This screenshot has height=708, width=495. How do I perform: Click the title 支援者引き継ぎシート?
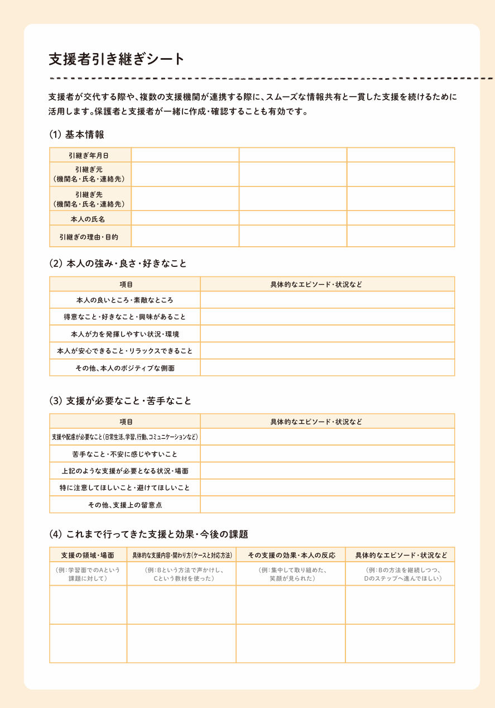(x=116, y=59)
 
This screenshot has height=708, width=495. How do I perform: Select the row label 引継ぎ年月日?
(x=90, y=155)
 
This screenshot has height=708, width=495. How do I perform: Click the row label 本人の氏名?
(x=90, y=218)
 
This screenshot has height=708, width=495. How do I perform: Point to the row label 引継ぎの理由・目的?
(x=90, y=237)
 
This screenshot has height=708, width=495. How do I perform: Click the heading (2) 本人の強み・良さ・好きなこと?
(x=118, y=264)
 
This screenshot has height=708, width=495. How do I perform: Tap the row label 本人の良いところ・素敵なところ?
(x=124, y=300)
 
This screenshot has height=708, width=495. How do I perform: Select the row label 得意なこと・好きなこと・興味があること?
(x=124, y=317)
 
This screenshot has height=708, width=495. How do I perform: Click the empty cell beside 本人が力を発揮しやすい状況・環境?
(x=327, y=334)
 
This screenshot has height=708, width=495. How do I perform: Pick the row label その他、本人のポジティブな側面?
(x=124, y=368)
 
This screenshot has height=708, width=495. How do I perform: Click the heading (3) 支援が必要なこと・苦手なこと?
(x=120, y=400)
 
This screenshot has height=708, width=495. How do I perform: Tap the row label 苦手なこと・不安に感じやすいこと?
(x=124, y=454)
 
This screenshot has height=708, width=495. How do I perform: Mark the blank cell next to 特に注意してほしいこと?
(x=327, y=487)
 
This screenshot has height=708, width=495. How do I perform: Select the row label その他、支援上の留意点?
(x=124, y=505)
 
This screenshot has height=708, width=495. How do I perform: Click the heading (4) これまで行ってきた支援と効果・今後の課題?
(x=148, y=534)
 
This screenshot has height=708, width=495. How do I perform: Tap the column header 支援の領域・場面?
(x=88, y=555)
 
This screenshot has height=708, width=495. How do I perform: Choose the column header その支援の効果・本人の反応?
(x=291, y=555)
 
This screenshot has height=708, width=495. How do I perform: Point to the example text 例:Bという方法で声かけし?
(x=181, y=570)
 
